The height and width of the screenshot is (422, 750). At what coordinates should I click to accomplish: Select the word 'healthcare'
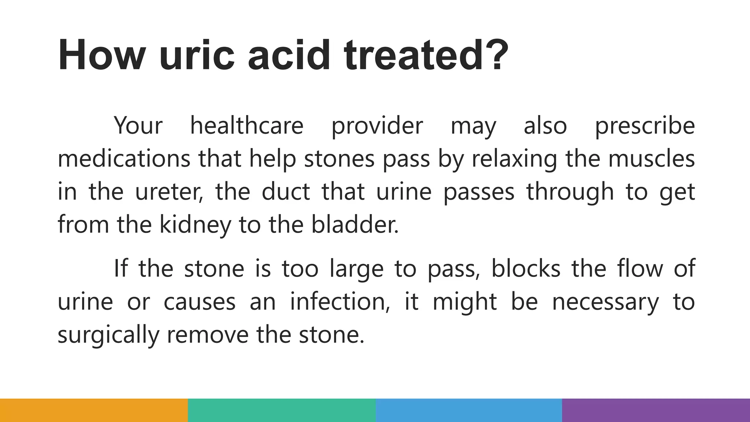247,126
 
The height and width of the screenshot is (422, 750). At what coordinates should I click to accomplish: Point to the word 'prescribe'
645,126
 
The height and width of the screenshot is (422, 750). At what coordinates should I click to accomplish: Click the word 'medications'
124,159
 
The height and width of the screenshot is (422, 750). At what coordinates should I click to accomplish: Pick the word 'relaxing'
514,159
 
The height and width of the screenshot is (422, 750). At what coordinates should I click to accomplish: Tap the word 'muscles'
651,159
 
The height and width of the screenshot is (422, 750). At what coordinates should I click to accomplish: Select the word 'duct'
286,192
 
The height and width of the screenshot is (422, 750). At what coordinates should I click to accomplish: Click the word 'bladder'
354,225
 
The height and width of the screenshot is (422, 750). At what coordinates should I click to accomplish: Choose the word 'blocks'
526,269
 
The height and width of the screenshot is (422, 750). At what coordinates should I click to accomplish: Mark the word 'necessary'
605,301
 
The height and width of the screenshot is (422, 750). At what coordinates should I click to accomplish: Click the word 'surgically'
108,334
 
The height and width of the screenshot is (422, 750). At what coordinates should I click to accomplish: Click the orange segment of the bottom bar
94,410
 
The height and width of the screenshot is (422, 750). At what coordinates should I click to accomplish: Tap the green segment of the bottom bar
282,410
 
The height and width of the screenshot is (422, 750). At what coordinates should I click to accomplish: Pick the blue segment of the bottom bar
469,410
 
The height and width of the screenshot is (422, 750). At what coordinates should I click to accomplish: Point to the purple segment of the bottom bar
656,410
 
